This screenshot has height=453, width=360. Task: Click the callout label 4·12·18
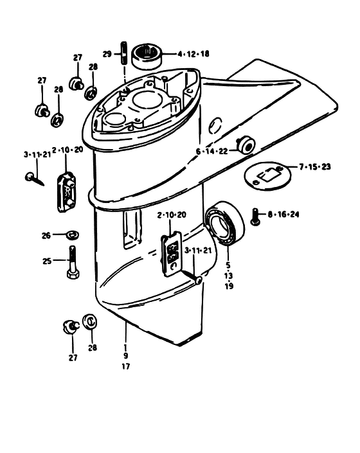[194, 54]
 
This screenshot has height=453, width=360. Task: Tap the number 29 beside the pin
[107, 54]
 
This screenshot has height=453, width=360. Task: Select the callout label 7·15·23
[315, 166]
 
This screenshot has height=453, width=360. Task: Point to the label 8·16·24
[283, 215]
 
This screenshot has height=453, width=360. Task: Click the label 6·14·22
[212, 151]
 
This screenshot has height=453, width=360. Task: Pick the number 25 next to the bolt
[47, 261]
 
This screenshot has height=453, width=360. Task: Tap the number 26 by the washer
[46, 235]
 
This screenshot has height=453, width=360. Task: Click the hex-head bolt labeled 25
[73, 262]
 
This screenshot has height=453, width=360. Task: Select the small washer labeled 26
[73, 235]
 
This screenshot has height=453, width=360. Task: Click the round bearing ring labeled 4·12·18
[147, 57]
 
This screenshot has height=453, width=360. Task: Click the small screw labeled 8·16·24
[255, 217]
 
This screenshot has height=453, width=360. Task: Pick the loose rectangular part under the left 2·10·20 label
[66, 192]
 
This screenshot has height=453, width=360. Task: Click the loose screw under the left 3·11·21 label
[35, 179]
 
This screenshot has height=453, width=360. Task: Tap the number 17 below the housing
[126, 366]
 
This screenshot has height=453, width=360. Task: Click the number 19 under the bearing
[229, 286]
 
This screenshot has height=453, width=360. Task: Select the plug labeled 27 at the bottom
[70, 326]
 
